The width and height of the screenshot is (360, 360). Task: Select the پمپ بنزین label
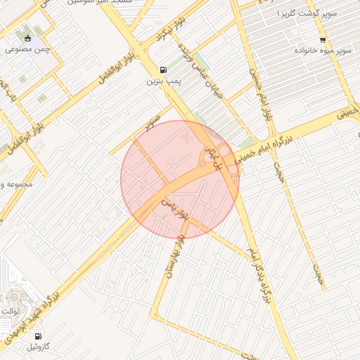[x=164, y=82]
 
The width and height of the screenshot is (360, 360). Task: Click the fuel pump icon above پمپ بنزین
[x=164, y=70]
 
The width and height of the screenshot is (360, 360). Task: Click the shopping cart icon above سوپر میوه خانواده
[x=323, y=40]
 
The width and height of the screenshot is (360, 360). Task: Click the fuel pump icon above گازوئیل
[x=37, y=335]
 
